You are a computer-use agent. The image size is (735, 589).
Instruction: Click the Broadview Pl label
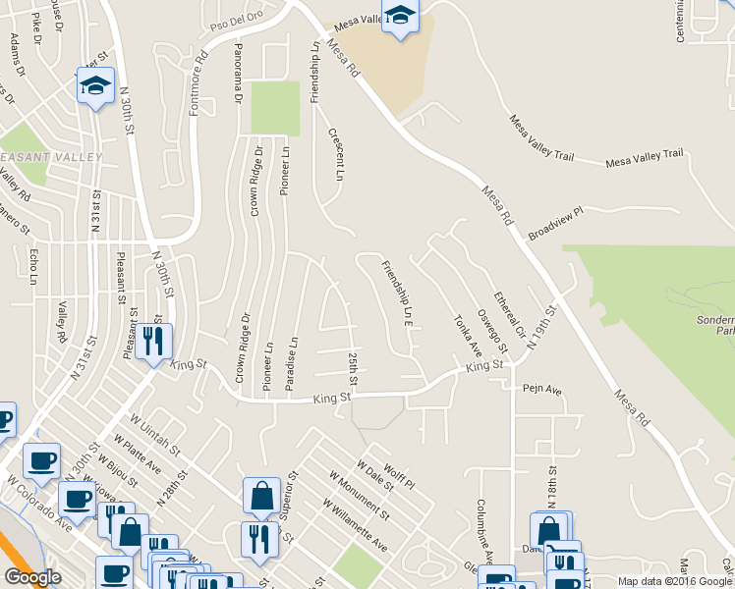(x=556, y=224)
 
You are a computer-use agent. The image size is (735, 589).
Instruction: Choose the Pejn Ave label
(x=542, y=390)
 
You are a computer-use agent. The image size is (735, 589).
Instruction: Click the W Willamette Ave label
(x=355, y=527)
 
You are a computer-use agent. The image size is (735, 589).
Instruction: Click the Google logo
(x=32, y=577)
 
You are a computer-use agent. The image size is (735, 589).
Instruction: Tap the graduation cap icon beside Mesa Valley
(x=399, y=17)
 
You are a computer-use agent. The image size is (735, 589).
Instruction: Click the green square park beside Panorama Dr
(x=274, y=108)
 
